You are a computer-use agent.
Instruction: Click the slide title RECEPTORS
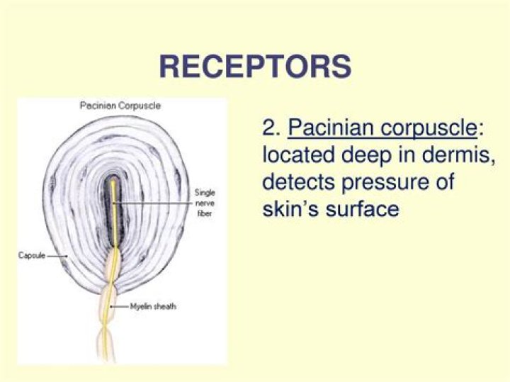255,67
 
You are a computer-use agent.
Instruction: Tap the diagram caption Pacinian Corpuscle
120,106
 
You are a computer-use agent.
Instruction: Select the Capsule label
32,255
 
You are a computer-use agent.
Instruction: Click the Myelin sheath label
153,306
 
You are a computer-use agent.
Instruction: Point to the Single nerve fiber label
205,203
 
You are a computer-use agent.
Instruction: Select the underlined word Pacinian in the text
331,128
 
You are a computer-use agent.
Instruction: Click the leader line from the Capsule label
57,256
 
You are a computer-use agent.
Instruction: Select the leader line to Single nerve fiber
153,203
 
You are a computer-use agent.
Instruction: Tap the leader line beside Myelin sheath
120,306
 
